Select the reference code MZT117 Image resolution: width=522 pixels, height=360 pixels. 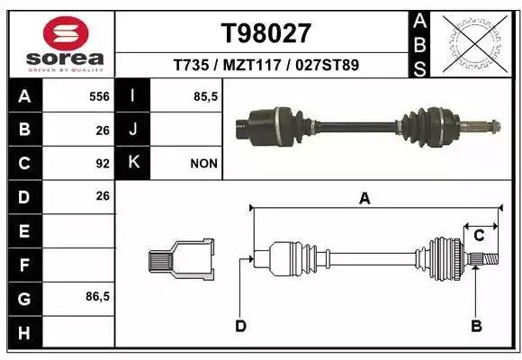click(x=267, y=65)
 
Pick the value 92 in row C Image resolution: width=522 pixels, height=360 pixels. click(x=102, y=163)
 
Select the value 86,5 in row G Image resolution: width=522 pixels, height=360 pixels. click(x=97, y=296)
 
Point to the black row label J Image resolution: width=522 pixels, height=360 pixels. click(x=133, y=129)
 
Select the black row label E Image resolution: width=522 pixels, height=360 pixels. click(x=24, y=230)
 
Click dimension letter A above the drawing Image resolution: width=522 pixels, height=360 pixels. click(x=364, y=199)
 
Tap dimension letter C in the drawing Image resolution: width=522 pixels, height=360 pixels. click(x=480, y=236)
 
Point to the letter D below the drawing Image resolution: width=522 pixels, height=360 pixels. click(x=240, y=325)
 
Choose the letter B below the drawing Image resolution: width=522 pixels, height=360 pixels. click(x=477, y=325)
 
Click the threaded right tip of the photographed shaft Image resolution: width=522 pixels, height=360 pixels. click(x=487, y=126)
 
